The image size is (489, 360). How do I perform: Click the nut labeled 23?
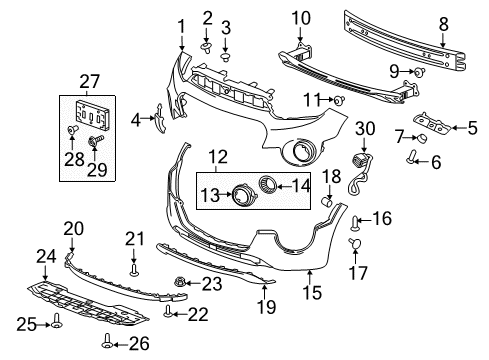click(x=183, y=283)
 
